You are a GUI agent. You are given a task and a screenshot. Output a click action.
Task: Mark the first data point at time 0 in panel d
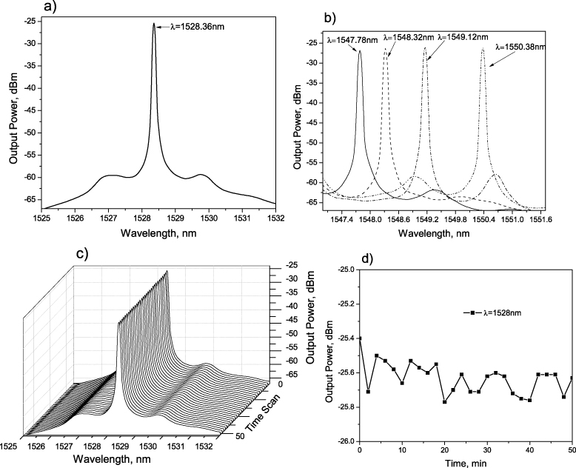click(359, 338)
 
